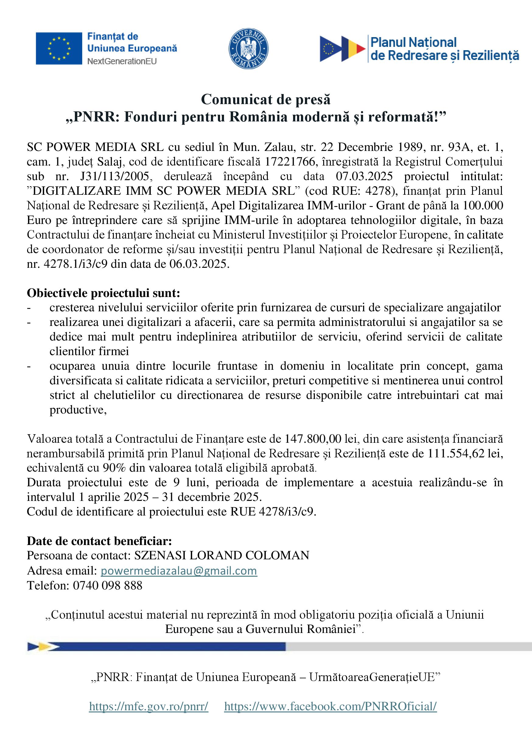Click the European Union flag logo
(59, 48)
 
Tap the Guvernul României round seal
(248, 49)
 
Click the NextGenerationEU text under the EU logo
(122, 61)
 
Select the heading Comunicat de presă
(266, 99)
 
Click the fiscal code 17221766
(290, 162)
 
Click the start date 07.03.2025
(364, 177)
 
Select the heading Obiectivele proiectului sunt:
(103, 293)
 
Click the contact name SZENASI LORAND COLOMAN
(222, 555)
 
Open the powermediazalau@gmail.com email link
(179, 571)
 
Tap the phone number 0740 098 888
(107, 585)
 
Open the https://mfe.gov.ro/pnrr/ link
(149, 706)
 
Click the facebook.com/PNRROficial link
(330, 706)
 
